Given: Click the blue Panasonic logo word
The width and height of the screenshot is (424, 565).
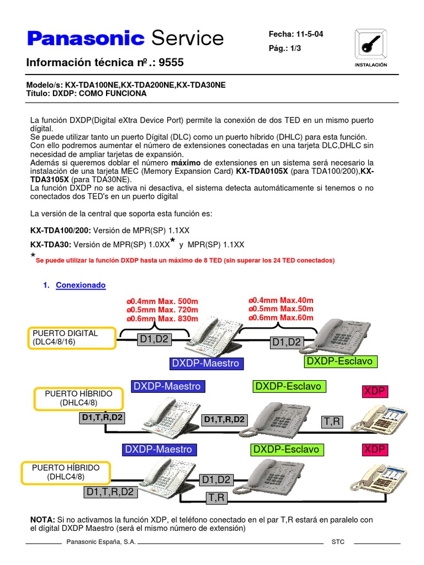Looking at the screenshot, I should pyautogui.click(x=86, y=38).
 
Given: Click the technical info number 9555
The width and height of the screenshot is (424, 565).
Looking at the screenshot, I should pyautogui.click(x=171, y=63).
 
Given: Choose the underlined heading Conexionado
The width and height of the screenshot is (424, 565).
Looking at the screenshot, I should pyautogui.click(x=81, y=285).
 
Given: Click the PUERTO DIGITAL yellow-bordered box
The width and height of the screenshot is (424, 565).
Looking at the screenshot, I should pyautogui.click(x=72, y=338).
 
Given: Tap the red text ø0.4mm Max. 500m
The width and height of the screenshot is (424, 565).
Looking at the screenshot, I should pyautogui.click(x=162, y=301).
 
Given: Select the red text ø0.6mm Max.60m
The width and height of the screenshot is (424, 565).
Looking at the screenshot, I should pyautogui.click(x=281, y=318).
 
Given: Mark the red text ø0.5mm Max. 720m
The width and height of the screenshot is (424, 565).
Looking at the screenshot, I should pyautogui.click(x=162, y=310).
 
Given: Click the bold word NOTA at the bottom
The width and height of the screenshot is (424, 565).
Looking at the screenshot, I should pyautogui.click(x=43, y=520).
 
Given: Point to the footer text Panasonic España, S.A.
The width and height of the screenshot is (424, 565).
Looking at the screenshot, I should pyautogui.click(x=101, y=542).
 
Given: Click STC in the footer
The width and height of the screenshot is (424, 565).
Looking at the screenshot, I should pyautogui.click(x=338, y=542).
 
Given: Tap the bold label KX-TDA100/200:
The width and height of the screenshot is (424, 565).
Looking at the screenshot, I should pyautogui.click(x=60, y=230).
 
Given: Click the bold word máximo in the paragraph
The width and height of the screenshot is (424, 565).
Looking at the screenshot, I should pyautogui.click(x=186, y=163).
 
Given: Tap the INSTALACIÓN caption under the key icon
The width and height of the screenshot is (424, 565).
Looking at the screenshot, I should pyautogui.click(x=370, y=65).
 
